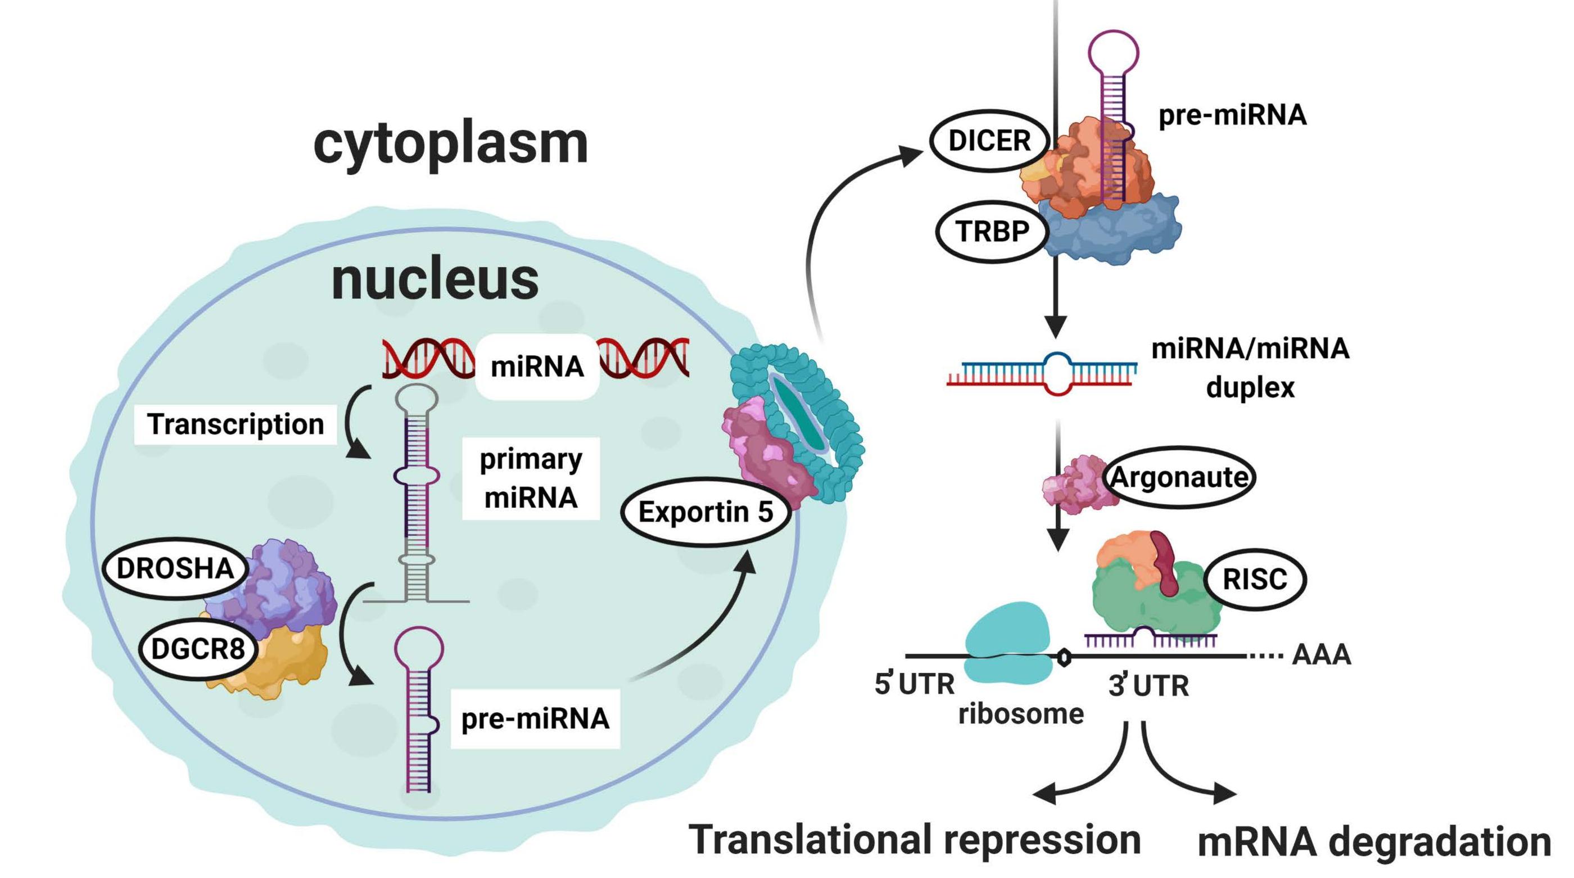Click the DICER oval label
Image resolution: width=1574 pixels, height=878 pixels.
pos(990,141)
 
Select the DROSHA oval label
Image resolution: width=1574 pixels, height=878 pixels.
pos(175,568)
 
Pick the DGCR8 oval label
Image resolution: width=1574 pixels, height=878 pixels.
pos(198,649)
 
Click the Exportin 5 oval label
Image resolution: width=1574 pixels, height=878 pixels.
pos(705,512)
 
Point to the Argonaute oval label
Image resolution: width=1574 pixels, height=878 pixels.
pos(1179,477)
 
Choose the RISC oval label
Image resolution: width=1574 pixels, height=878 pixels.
pos(1255,578)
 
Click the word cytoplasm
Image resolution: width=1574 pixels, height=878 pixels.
pos(450,144)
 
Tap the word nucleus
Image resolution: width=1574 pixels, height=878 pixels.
pos(435,280)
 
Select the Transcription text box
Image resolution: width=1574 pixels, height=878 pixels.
pos(235,424)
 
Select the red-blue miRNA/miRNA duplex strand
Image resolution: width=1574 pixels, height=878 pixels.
pos(1042,373)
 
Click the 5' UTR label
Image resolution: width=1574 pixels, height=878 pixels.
pos(914,683)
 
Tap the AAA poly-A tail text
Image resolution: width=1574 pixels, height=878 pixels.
pos(1322,654)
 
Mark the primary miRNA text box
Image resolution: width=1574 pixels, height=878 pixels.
pos(530,478)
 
